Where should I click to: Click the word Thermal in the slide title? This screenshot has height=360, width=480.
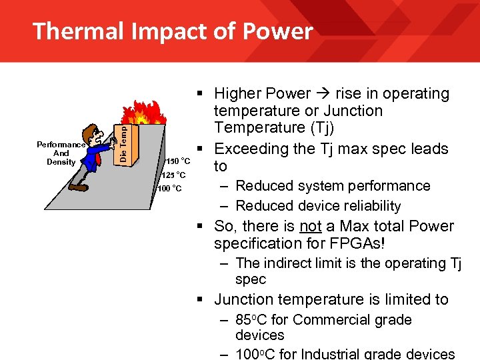(75, 31)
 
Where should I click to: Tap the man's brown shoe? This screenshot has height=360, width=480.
(79, 187)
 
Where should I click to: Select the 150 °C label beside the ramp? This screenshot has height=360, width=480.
(178, 161)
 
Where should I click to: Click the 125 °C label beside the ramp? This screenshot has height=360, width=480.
(173, 175)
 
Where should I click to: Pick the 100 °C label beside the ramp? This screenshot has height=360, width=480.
(169, 189)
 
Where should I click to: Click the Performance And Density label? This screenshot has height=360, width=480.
(61, 153)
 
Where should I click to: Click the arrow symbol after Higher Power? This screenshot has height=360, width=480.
(323, 94)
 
